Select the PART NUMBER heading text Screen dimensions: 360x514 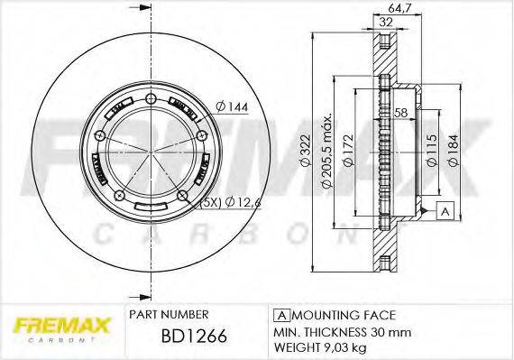coord(170,315)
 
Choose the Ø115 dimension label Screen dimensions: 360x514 coord(432,145)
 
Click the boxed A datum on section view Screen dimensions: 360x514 coord(445,211)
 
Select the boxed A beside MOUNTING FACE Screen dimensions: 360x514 coord(280,315)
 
